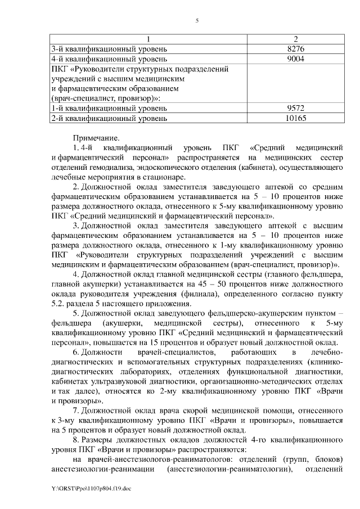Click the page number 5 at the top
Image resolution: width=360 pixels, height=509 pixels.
coord(197,21)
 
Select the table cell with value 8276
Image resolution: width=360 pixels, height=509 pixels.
coord(295,49)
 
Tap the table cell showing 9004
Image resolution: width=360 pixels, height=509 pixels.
coord(295,58)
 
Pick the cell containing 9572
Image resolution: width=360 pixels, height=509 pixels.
coord(295,107)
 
